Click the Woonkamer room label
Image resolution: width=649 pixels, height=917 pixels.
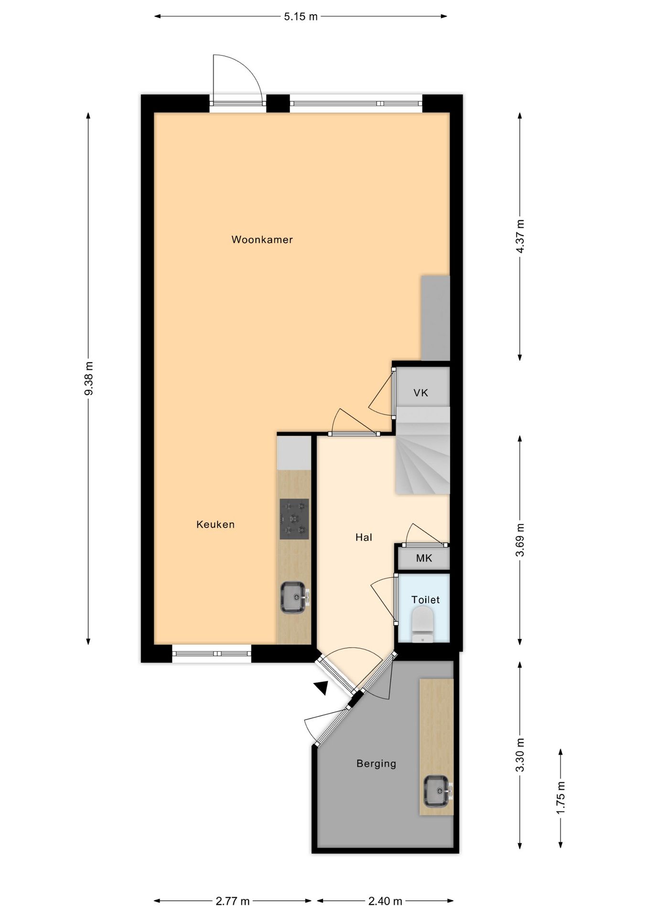pos(262,240)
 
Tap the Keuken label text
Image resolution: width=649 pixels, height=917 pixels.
pos(215,524)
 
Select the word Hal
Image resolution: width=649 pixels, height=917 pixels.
pos(363,537)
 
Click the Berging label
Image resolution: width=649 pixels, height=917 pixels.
pos(376,764)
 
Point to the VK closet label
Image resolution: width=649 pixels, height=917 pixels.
pos(421,393)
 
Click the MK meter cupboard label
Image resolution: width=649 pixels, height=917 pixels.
pos(424,558)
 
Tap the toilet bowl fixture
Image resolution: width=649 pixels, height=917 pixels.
pos(422,622)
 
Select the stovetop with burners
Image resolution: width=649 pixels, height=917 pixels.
pos(294,519)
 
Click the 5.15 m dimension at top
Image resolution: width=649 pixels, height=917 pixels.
pos(301,17)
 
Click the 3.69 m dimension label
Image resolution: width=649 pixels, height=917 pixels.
pos(520,540)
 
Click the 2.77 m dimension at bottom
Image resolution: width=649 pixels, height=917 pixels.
pos(233,901)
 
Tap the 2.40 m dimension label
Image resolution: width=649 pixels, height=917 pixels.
pos(385,901)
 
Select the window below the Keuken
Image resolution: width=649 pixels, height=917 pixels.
pos(211,653)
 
